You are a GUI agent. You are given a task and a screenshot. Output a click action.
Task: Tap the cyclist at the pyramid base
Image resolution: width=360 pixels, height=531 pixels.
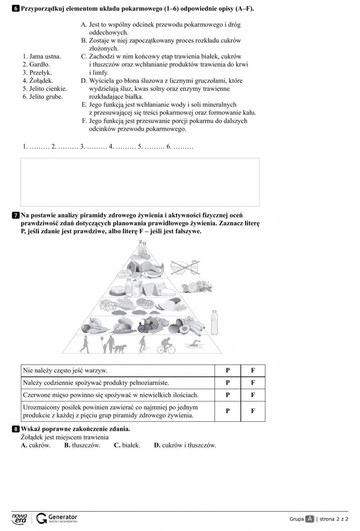[x=166, y=345]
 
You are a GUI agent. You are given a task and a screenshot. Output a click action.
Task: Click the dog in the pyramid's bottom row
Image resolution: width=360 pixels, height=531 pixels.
[x=121, y=348]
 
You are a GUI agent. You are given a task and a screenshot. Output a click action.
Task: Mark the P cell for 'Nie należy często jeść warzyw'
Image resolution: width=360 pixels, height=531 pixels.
[x=228, y=370]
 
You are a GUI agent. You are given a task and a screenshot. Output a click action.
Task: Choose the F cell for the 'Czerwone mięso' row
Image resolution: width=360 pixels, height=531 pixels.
[x=253, y=395]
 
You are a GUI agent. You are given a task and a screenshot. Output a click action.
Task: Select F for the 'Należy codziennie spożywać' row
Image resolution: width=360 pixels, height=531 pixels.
[x=253, y=383]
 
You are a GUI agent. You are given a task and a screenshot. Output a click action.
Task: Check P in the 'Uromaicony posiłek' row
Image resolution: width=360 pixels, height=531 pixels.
[x=228, y=411]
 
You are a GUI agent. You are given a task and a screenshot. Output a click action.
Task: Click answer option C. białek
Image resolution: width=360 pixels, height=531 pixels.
[x=127, y=445]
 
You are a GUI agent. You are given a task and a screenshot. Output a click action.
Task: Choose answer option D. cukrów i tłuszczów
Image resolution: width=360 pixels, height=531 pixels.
[x=185, y=445]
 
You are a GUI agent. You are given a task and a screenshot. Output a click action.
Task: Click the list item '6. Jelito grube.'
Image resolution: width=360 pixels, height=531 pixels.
[x=42, y=97]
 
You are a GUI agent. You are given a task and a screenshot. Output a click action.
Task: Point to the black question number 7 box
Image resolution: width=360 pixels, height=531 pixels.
[x=16, y=216]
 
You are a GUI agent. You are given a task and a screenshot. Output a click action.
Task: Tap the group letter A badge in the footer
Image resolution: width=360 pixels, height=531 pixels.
[x=310, y=519]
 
